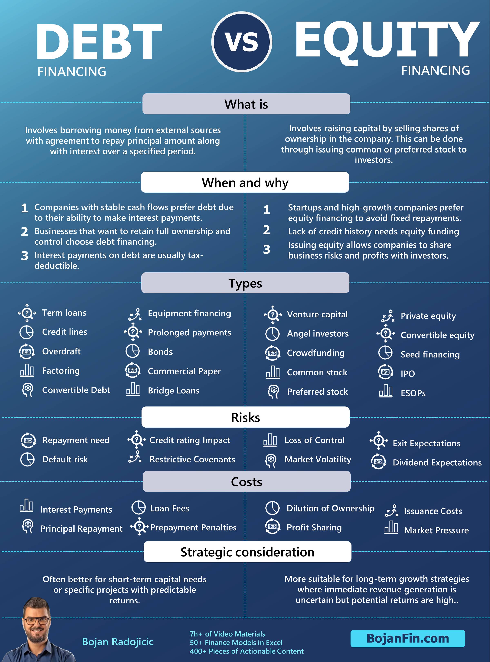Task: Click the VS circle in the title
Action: (242, 42)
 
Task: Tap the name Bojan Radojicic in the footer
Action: (118, 642)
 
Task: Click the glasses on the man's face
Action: (36, 621)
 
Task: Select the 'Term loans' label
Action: (64, 313)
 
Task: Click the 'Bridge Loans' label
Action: (174, 390)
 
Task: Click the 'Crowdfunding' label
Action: (316, 353)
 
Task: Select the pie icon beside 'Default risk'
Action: (27, 459)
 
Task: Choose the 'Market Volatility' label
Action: (318, 459)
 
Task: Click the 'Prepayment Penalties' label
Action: (193, 527)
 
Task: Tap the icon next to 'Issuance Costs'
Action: (392, 511)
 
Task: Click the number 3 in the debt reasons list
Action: (25, 256)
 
